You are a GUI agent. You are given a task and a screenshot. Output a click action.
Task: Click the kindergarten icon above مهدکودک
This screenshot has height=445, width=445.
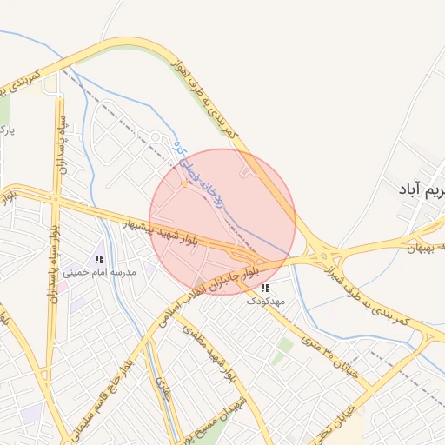tap(265, 288)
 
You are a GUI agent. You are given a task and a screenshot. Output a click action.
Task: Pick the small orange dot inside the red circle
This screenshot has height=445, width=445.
tap(184, 183)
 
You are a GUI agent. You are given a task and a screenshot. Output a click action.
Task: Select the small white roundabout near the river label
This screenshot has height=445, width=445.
tap(156, 136)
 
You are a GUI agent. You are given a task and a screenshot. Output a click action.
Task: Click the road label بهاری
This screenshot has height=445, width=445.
tap(162, 392)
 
